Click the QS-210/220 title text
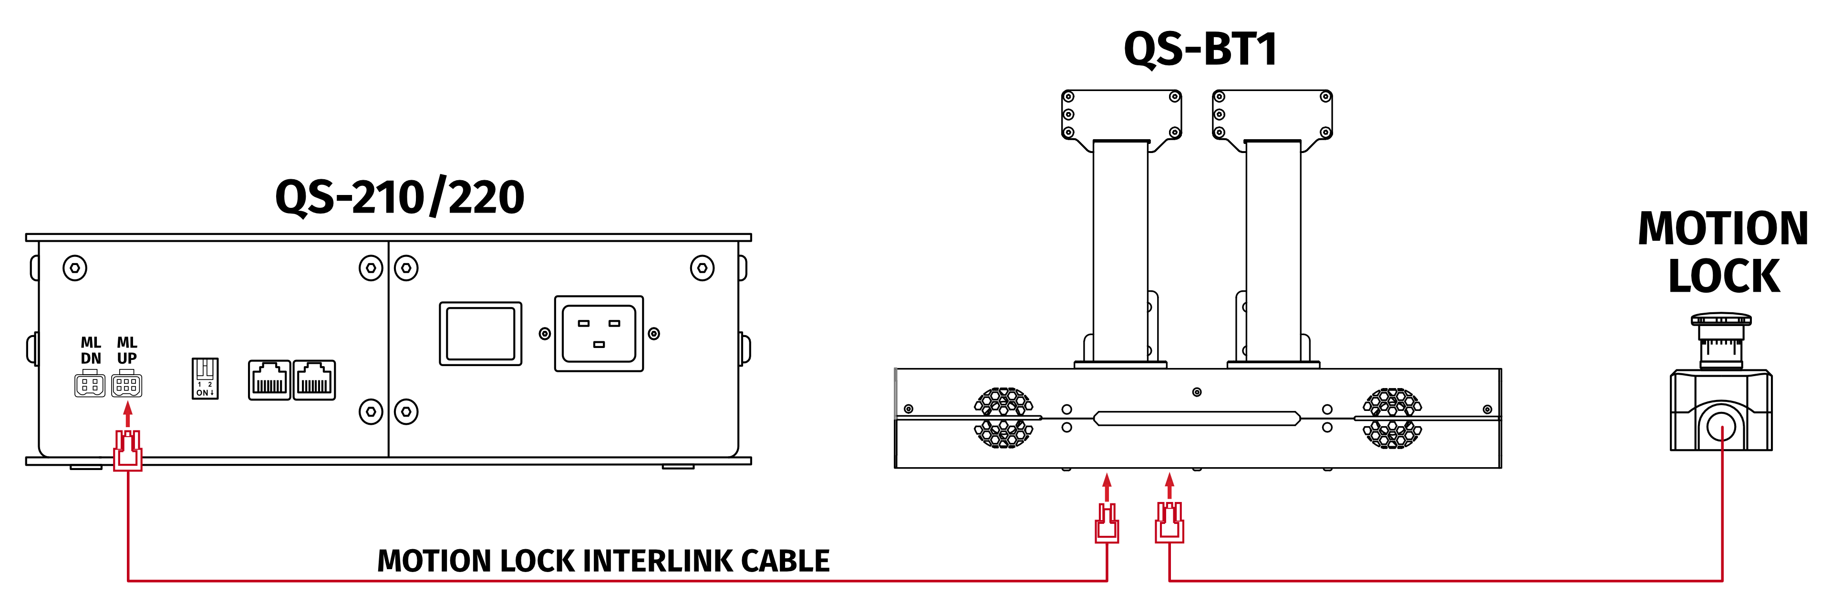pyautogui.click(x=399, y=198)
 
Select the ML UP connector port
pyautogui.click(x=126, y=385)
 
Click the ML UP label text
pyautogui.click(x=126, y=350)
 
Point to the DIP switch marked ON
pyautogui.click(x=205, y=378)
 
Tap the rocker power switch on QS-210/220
pyautogui.click(x=480, y=333)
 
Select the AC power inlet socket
pyautogui.click(x=599, y=333)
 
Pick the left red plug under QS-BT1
pyautogui.click(x=1107, y=523)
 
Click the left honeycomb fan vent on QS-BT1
pyautogui.click(x=1003, y=418)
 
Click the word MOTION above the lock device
pyautogui.click(x=1723, y=229)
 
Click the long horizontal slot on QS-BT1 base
pyautogui.click(x=1196, y=418)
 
